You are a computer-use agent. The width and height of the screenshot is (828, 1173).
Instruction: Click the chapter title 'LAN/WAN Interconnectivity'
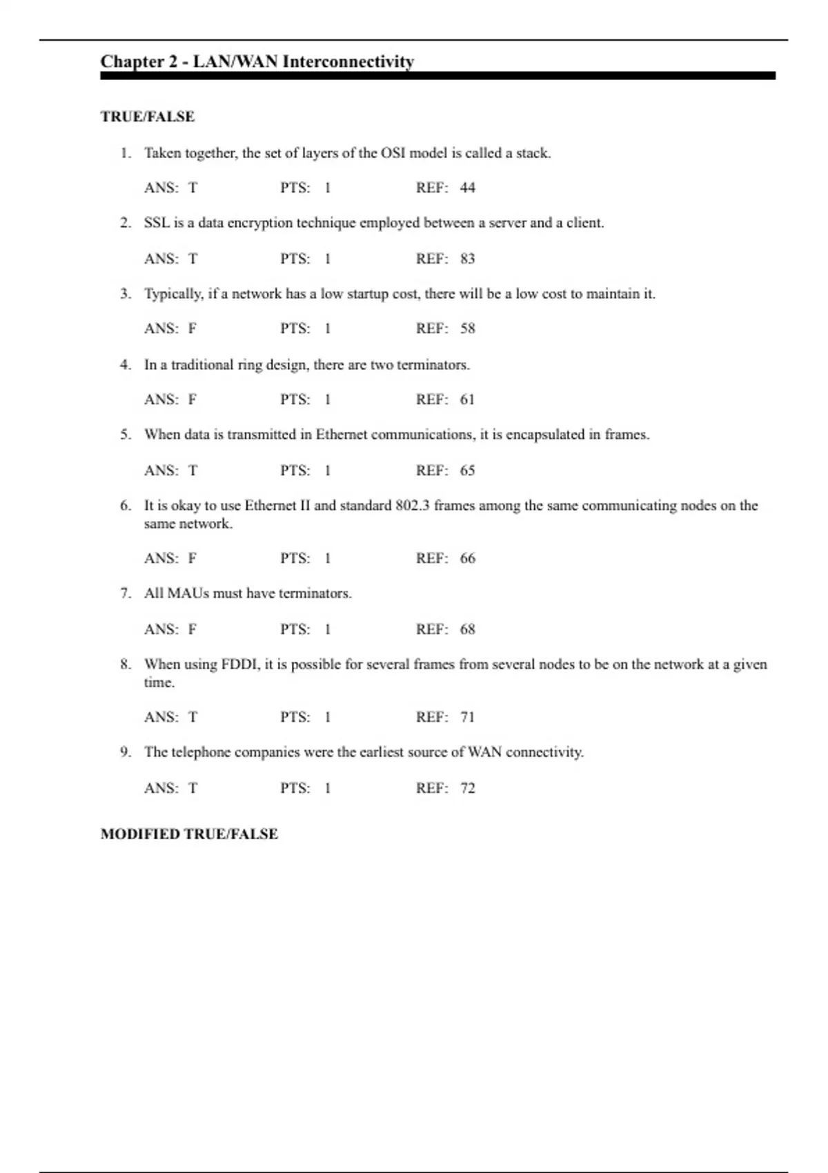coord(304,61)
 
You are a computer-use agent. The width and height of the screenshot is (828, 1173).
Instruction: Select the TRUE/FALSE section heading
coord(148,117)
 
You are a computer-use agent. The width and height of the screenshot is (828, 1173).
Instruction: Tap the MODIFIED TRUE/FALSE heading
coord(189,834)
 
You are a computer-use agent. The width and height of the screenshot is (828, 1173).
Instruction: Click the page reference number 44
coord(468,188)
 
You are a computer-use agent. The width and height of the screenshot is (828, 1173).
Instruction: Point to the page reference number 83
coord(468,259)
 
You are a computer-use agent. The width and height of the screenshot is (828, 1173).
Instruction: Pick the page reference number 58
coord(468,328)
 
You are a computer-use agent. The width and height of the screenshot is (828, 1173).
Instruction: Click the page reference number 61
coord(468,400)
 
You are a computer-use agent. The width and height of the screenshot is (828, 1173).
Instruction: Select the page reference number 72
coord(468,788)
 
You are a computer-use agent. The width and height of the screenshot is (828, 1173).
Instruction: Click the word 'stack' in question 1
coord(532,153)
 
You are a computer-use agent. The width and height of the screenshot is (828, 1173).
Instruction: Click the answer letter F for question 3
coord(193,328)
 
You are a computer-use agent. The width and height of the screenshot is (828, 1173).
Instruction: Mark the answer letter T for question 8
coord(193,718)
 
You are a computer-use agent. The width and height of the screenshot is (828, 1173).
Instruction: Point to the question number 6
coord(125,506)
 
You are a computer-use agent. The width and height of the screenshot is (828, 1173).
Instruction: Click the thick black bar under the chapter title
coord(437,76)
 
